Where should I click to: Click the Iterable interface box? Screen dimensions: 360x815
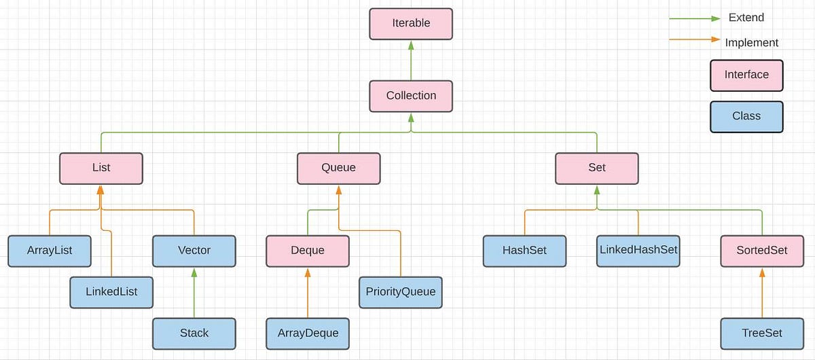pos(411,23)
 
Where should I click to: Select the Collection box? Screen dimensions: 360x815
pos(411,96)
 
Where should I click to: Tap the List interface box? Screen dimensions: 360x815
pos(101,168)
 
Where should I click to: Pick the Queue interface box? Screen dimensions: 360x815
pos(338,168)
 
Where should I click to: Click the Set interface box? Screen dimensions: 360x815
pos(597,168)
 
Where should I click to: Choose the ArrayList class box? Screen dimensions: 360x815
pos(50,251)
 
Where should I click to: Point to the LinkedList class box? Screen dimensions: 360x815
pos(111,292)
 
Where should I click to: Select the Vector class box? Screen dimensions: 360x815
pos(194,251)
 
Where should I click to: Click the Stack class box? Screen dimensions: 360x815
pos(194,334)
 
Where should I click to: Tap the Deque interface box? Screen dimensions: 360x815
pos(308,251)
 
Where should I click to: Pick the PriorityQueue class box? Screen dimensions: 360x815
pos(400,292)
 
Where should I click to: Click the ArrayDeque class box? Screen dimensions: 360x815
pos(308,334)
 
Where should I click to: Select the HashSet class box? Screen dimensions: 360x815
pos(524,251)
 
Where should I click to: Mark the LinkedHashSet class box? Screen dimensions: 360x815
pos(638,250)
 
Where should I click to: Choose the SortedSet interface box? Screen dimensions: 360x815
pos(762,251)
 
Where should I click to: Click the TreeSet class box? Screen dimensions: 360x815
pos(762,334)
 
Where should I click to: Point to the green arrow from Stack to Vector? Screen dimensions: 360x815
pos(194,292)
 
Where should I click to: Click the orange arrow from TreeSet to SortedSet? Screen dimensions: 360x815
pos(762,292)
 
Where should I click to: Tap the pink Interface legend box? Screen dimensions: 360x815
pos(746,75)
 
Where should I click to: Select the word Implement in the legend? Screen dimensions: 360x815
pos(751,43)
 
